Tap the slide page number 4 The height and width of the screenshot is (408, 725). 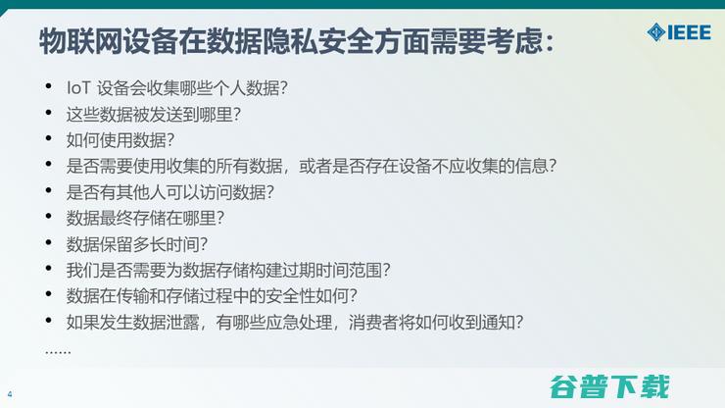tap(10, 395)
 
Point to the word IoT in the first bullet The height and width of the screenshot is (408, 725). tap(78, 88)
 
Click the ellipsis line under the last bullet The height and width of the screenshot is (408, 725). tap(58, 350)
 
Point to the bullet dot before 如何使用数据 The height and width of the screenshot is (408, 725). tap(50, 139)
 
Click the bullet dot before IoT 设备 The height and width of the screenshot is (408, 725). tap(50, 88)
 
